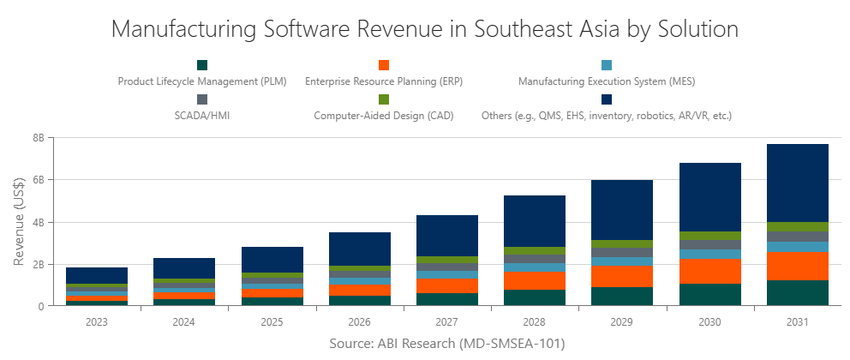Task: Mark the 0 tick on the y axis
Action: coord(41,306)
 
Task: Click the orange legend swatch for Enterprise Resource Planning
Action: coord(384,65)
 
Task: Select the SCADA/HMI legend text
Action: coord(201,114)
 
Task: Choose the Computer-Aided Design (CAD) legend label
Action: coord(383,114)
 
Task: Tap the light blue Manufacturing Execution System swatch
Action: coord(606,65)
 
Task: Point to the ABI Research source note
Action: coord(446,343)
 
